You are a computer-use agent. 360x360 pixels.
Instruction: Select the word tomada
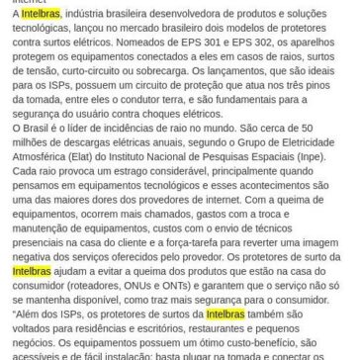click(39, 113)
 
